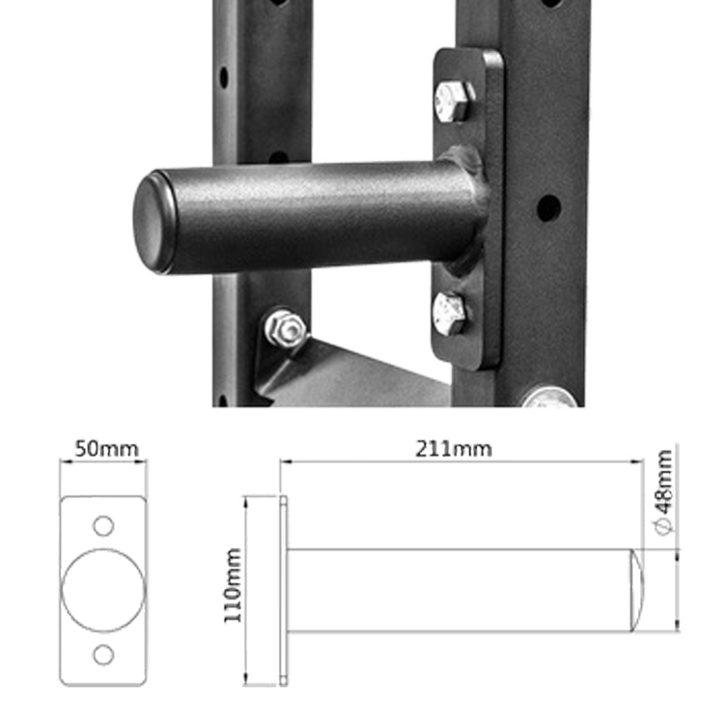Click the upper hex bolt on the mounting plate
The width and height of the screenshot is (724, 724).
click(452, 98)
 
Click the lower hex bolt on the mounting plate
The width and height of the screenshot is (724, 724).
click(451, 311)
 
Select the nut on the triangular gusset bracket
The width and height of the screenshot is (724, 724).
click(285, 329)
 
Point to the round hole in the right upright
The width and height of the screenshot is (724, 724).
click(548, 206)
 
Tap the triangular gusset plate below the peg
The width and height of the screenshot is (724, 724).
click(348, 372)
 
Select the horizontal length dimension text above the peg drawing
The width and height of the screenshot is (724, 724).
click(453, 449)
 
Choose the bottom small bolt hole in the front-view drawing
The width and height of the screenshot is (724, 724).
click(101, 654)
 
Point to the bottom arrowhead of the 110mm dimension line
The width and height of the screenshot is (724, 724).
click(248, 676)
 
